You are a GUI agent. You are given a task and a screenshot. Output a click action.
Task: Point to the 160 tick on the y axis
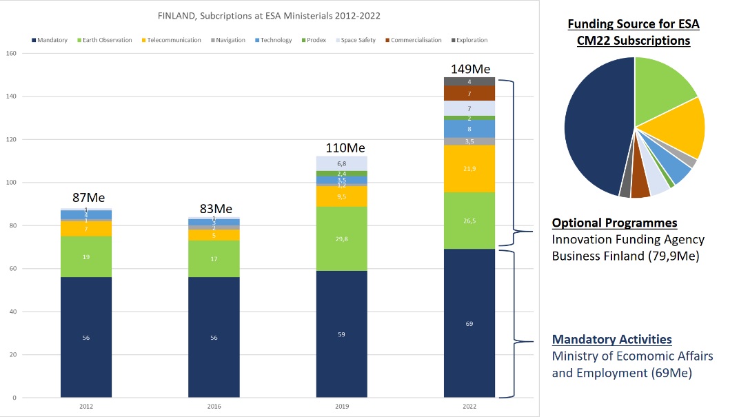point(11,54)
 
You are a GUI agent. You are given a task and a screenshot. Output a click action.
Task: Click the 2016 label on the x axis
point(214,407)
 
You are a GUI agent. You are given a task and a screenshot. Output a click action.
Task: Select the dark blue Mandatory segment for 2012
point(86,337)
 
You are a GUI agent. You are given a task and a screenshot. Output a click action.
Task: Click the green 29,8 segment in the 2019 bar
point(342,238)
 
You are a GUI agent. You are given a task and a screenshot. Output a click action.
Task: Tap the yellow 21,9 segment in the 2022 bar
point(469,169)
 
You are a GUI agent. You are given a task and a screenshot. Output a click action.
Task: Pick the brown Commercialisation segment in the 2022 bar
point(469,93)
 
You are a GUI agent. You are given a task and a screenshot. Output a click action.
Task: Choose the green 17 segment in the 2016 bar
point(214,258)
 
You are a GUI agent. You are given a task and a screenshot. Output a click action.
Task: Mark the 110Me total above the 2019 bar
point(345,148)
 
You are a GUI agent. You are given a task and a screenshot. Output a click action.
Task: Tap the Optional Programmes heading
point(614,223)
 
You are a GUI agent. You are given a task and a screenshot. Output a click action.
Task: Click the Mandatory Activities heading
point(611,339)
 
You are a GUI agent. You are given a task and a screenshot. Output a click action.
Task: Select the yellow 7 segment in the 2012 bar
point(86,228)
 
